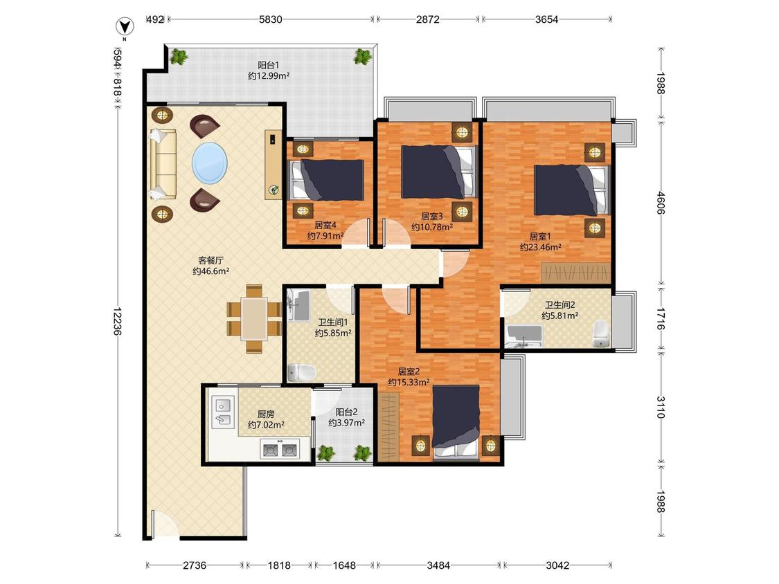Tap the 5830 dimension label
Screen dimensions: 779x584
tap(271, 19)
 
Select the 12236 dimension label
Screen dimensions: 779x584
tap(117, 321)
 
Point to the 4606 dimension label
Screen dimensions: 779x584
tap(661, 203)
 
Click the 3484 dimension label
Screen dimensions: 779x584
tap(439, 565)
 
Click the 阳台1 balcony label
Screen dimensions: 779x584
tap(269, 65)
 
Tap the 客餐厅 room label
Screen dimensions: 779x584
tap(211, 260)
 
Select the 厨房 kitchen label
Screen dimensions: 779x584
tap(266, 414)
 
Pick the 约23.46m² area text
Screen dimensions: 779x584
tap(541, 247)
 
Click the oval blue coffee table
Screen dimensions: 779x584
tap(210, 163)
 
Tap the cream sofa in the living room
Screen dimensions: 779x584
tap(163, 165)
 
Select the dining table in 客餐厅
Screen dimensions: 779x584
tap(254, 319)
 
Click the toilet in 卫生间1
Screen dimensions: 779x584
tap(302, 372)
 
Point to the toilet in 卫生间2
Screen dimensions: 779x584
tap(600, 334)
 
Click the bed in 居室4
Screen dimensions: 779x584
tap(327, 180)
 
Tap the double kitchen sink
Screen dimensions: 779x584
tap(223, 412)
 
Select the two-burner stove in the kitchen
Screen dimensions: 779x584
tap(280, 450)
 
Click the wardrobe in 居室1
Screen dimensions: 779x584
tap(575, 273)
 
